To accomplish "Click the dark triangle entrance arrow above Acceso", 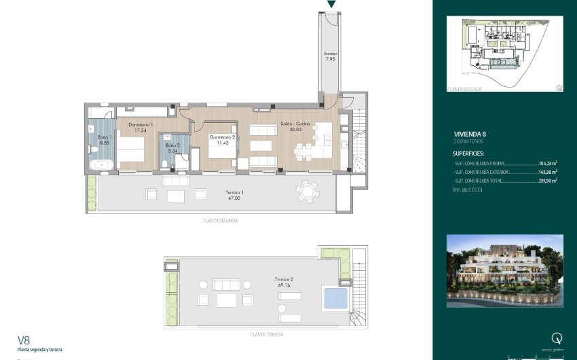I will click(x=331, y=4).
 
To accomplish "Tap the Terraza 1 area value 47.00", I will click(x=234, y=198).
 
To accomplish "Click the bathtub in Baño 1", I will click(x=103, y=164).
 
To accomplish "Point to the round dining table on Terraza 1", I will click(x=307, y=192).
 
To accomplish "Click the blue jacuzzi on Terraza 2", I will click(x=334, y=297).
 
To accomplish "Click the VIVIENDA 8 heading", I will click(x=470, y=134).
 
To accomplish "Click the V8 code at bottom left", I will click(x=24, y=340).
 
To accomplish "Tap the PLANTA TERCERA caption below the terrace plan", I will click(x=266, y=335).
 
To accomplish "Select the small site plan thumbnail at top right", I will click(x=505, y=52).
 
